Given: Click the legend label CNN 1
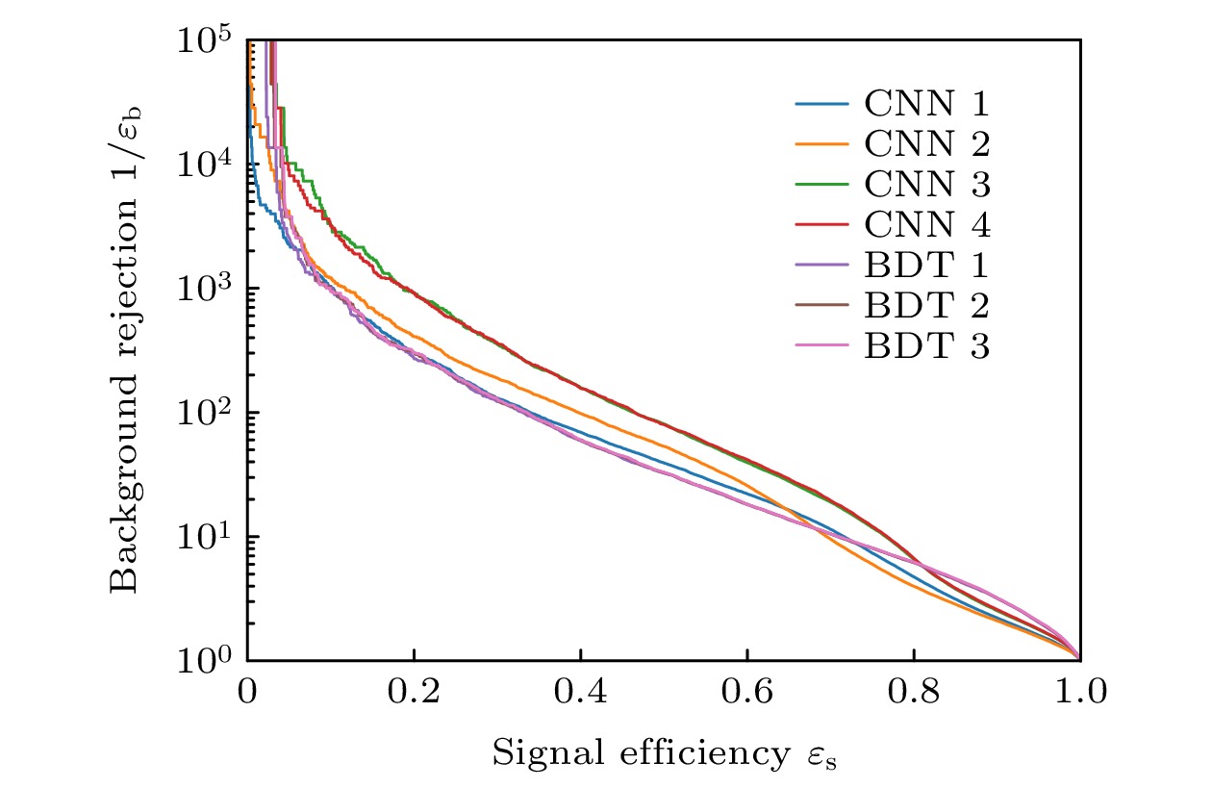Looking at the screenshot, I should [x=927, y=103].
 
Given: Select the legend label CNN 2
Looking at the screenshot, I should [x=927, y=143].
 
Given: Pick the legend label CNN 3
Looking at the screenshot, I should [x=927, y=184].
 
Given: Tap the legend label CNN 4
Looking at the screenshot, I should [x=927, y=224].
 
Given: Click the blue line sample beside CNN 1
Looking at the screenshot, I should [x=821, y=103].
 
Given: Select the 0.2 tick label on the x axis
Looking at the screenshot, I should [x=414, y=692].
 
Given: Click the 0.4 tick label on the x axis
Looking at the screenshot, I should [x=580, y=692].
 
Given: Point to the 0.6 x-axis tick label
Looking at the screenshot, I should [x=746, y=692].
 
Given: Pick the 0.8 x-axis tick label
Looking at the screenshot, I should [x=913, y=692].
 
